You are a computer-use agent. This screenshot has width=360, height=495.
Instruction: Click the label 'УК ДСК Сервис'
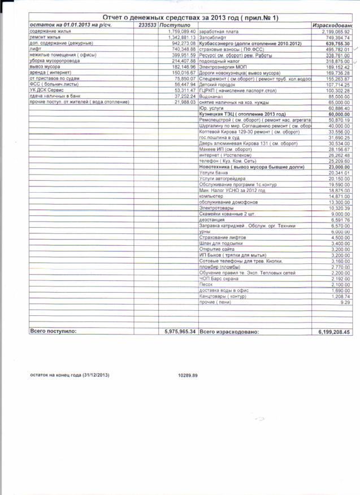pos(45,90)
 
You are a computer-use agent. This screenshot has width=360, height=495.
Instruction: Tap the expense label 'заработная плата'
pos(217,32)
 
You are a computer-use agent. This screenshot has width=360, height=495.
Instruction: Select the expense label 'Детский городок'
pos(215,84)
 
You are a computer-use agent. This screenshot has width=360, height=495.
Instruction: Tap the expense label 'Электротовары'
pos(215,208)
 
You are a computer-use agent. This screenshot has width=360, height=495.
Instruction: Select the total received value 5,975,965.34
pos(177,332)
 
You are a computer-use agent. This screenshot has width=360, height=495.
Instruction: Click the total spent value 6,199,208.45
pos(331,332)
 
